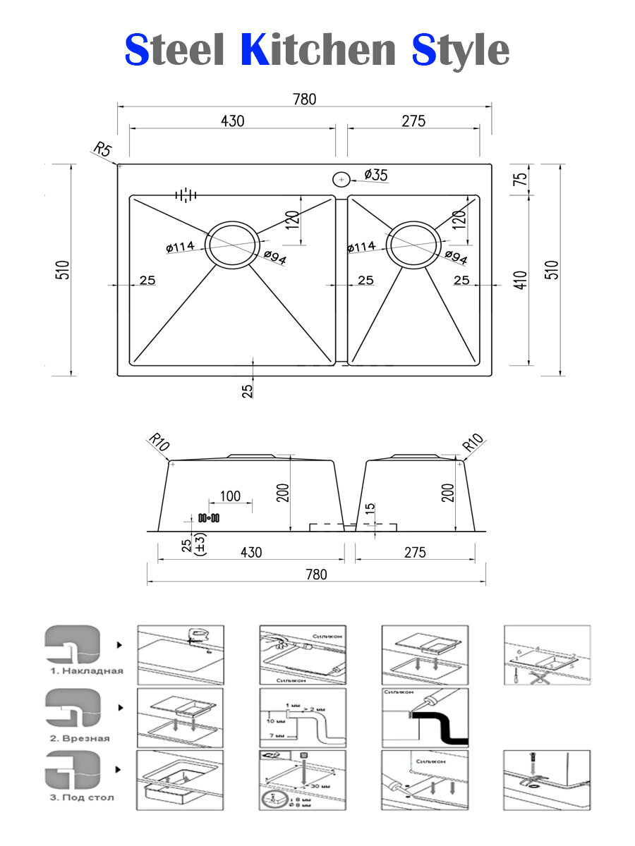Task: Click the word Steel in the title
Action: click(x=174, y=51)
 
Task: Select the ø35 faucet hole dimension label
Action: click(x=375, y=175)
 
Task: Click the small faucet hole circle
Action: click(x=341, y=180)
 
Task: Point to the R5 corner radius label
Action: click(x=102, y=149)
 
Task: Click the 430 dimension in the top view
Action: click(x=232, y=121)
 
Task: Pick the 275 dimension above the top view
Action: click(x=413, y=121)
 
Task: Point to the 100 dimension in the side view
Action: click(x=230, y=496)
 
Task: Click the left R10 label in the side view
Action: click(x=159, y=443)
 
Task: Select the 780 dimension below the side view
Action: click(x=316, y=575)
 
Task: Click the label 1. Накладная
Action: click(x=86, y=670)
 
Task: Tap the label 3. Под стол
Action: click(x=82, y=797)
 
